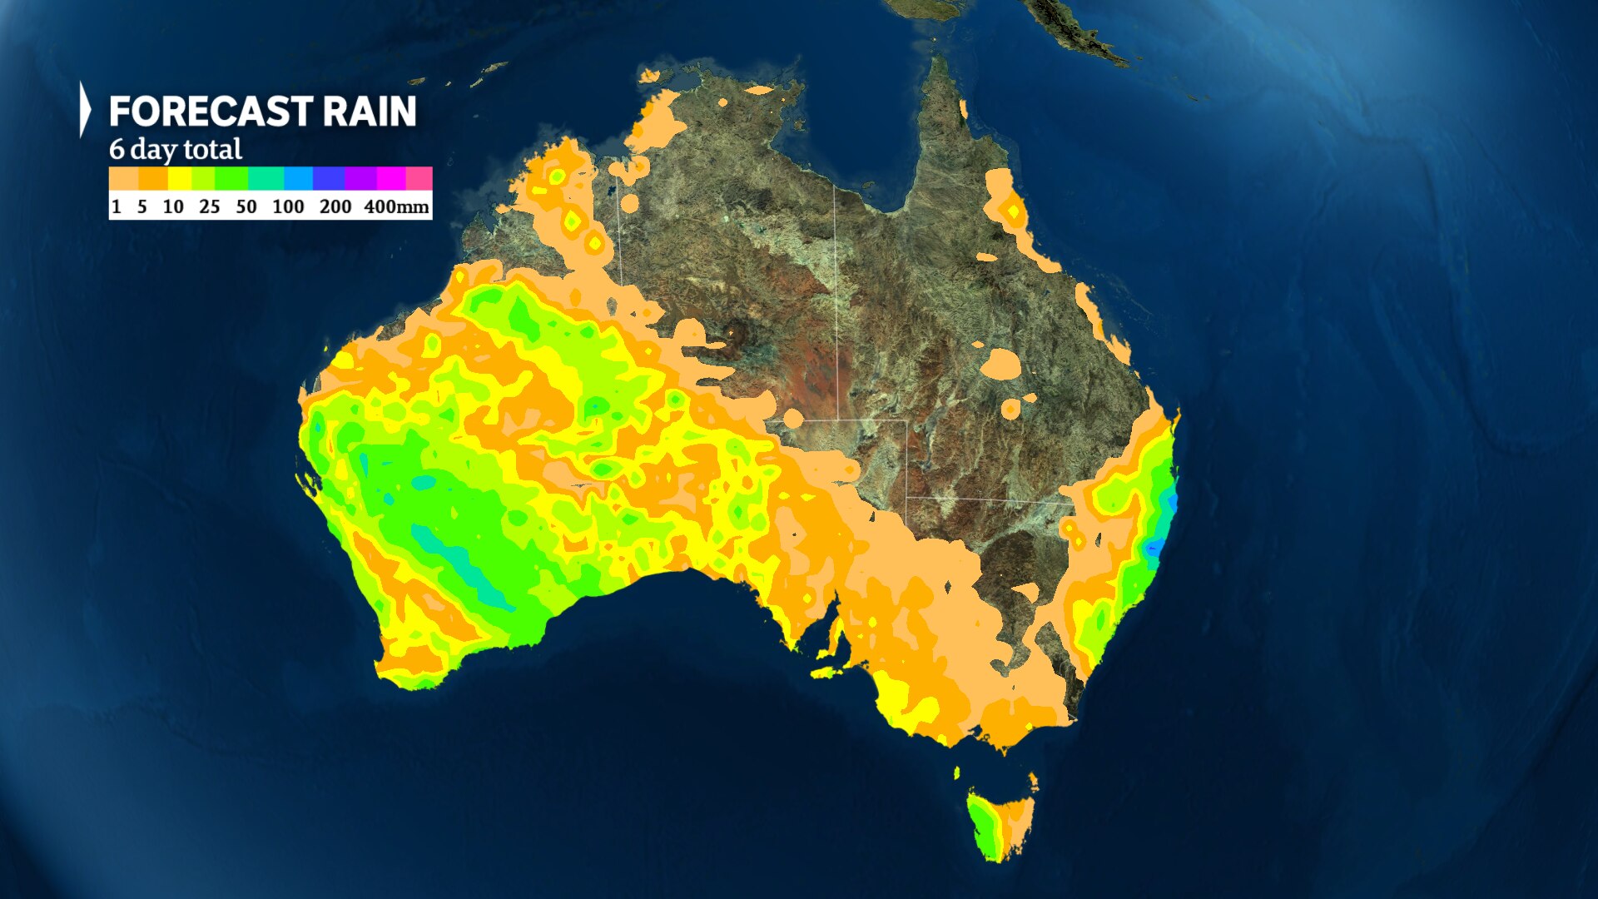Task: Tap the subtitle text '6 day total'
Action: pyautogui.click(x=176, y=150)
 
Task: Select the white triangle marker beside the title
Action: pyautogui.click(x=84, y=109)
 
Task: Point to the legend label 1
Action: pyautogui.click(x=117, y=206)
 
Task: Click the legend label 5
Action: pyautogui.click(x=142, y=206)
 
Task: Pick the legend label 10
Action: pyautogui.click(x=173, y=206)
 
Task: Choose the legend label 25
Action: pyautogui.click(x=210, y=206)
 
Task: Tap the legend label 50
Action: pyautogui.click(x=246, y=206)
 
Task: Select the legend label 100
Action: pyautogui.click(x=288, y=206)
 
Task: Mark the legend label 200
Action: pyautogui.click(x=335, y=206)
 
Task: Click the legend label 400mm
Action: pyautogui.click(x=396, y=206)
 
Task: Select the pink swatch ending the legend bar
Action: pyautogui.click(x=419, y=178)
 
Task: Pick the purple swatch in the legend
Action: pyautogui.click(x=360, y=178)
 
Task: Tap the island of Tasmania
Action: pyautogui.click(x=1001, y=824)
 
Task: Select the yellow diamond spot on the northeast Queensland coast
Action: pyautogui.click(x=1013, y=211)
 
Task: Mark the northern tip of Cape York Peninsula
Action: pyautogui.click(x=940, y=60)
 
